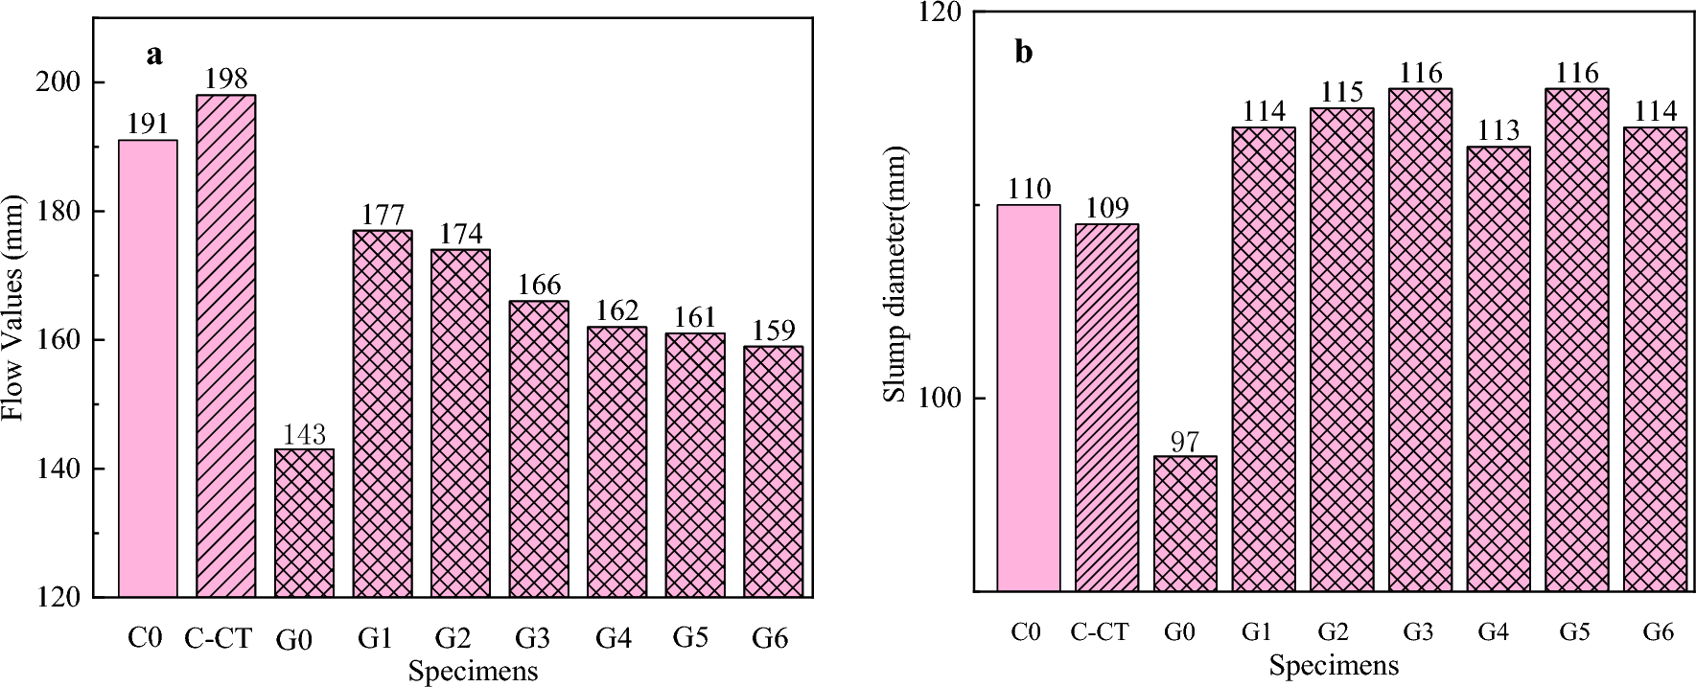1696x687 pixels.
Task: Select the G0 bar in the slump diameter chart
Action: [1185, 523]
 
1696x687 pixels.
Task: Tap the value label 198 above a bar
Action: [226, 78]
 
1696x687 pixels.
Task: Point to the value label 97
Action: [1185, 441]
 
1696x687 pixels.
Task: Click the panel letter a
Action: [153, 55]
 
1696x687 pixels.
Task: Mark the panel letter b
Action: [1024, 52]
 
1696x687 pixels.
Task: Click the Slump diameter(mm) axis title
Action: [894, 275]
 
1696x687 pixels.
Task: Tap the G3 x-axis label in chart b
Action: [1419, 632]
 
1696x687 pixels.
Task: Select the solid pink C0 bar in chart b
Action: [1029, 398]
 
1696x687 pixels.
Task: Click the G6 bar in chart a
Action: [773, 471]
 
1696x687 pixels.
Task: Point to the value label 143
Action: [304, 434]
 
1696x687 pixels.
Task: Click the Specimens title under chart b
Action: [1334, 665]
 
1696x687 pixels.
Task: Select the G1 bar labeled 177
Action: [383, 414]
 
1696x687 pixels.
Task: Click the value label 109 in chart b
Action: [1107, 208]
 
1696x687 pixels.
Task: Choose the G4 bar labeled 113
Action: [1499, 369]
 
